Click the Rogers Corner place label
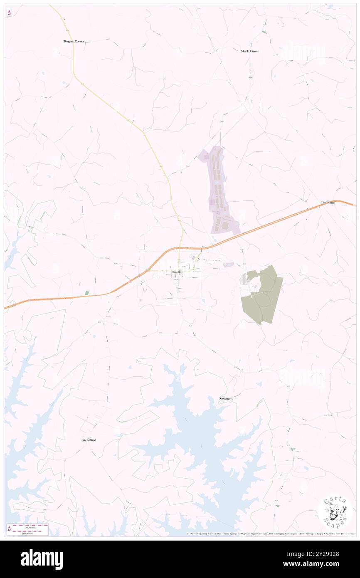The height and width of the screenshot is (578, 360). point(74,42)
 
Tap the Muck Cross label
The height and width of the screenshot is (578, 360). point(249,51)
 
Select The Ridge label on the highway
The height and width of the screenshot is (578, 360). point(328,203)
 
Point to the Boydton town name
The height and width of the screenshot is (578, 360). point(178,272)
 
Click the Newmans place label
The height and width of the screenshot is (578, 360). point(226,399)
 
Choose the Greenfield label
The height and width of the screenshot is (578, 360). point(89,440)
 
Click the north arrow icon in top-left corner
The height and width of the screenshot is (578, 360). point(9,12)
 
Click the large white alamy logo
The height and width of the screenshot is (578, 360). point(42,559)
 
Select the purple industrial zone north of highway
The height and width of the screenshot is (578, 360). point(219,191)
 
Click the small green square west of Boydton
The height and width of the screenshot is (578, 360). point(87,293)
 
